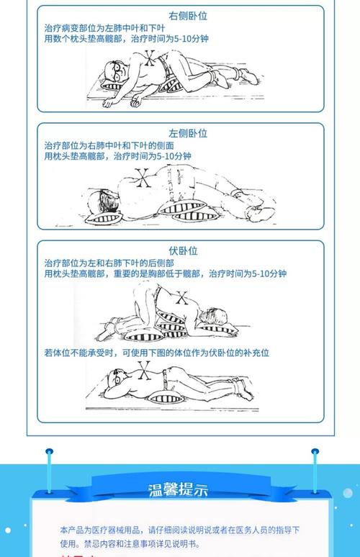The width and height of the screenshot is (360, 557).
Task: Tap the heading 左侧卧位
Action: [188, 133]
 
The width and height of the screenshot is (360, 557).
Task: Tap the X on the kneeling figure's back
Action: [182, 296]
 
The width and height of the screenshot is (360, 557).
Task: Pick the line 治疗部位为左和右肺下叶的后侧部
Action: [109, 263]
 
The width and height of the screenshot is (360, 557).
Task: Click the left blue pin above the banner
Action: [49, 453]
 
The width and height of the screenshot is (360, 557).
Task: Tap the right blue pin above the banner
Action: [315, 453]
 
